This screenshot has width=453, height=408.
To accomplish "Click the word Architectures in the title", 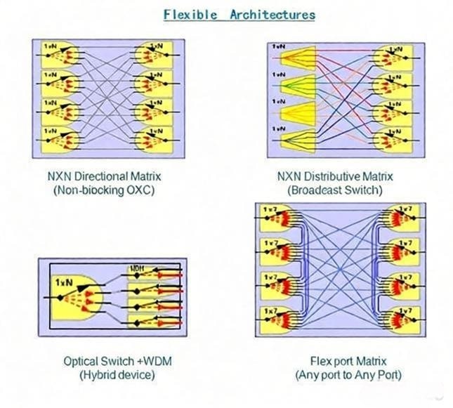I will pos(273,14).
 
